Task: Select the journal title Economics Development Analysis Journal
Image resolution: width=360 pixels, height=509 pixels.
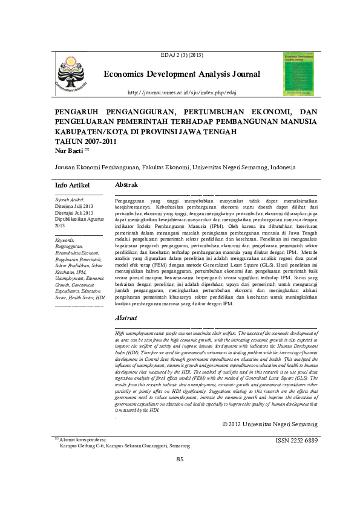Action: [182, 74]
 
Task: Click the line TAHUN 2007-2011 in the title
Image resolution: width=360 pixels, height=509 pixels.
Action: [85, 141]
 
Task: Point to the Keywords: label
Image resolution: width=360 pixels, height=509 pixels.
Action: [65, 240]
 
